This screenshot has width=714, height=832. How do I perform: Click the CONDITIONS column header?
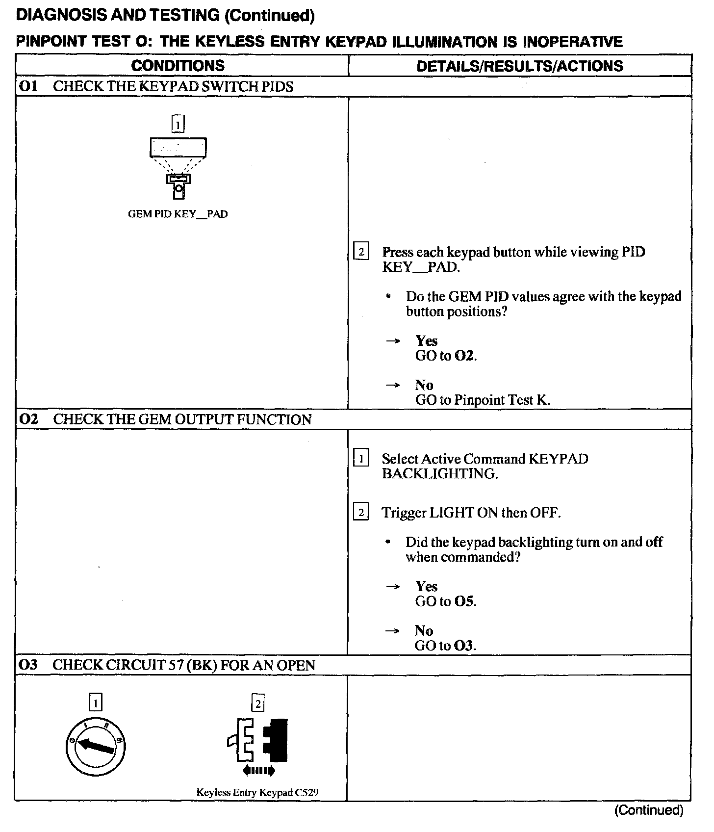(x=178, y=66)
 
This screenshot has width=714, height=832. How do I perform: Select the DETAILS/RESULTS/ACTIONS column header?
(x=519, y=66)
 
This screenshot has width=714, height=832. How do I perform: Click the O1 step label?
(x=28, y=86)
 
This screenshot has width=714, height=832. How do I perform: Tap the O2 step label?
(x=28, y=419)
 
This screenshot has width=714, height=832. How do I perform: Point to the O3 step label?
(x=28, y=665)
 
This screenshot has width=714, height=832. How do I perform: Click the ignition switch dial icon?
(x=96, y=747)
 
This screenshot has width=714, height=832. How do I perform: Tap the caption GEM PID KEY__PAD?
(x=178, y=214)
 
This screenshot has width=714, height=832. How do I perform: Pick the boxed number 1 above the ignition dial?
(x=96, y=703)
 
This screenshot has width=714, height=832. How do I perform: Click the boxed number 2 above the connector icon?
(x=257, y=703)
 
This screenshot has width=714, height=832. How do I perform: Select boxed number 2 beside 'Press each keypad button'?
(x=361, y=252)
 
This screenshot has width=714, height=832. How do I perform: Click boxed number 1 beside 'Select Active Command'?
(x=361, y=459)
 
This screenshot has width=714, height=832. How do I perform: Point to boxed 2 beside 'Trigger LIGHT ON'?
(x=361, y=513)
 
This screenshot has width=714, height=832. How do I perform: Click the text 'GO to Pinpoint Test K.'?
(x=483, y=400)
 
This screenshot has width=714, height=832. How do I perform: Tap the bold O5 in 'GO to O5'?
(x=464, y=601)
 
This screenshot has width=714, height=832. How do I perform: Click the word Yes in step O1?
(x=426, y=340)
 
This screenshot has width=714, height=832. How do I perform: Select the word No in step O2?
(x=424, y=630)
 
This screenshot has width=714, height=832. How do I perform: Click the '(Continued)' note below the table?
(x=648, y=810)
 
